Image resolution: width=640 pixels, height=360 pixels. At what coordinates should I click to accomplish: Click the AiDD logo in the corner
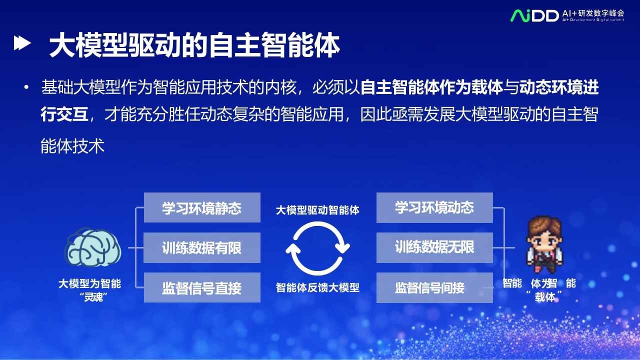click(534, 16)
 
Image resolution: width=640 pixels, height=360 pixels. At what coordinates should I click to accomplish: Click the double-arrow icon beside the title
click(22, 43)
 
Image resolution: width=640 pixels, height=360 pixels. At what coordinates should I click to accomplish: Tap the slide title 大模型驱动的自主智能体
click(194, 45)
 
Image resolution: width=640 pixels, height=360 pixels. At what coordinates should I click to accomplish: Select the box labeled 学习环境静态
click(202, 207)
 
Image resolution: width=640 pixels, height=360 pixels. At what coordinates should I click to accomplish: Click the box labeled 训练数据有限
click(202, 247)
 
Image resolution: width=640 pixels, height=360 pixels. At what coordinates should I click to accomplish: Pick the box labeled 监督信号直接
click(202, 287)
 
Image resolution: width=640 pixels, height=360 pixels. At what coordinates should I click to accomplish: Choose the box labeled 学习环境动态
click(434, 207)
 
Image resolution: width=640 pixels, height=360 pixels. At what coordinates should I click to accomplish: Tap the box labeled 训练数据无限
click(434, 247)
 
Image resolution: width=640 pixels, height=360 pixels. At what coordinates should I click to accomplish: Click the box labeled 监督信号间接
click(434, 287)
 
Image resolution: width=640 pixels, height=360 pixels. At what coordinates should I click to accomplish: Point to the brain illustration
click(93, 247)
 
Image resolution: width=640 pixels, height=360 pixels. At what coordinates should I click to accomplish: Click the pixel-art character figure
click(544, 245)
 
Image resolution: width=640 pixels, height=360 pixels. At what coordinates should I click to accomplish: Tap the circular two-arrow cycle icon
click(317, 248)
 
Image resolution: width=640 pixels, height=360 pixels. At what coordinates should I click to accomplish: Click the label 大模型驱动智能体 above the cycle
click(317, 210)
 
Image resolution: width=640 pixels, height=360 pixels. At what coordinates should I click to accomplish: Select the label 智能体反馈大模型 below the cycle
click(317, 287)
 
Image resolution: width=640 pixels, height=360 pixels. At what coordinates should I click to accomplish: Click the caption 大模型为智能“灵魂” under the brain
click(90, 290)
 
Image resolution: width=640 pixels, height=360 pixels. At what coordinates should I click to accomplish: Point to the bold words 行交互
click(64, 114)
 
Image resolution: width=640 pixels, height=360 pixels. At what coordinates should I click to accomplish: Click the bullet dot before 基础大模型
click(26, 87)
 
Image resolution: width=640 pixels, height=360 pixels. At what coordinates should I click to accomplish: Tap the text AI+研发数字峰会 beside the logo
click(593, 13)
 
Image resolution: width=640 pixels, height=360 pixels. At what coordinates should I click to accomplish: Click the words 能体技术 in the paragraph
click(72, 146)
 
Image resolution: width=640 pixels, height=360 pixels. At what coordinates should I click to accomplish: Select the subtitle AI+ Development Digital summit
click(593, 20)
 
